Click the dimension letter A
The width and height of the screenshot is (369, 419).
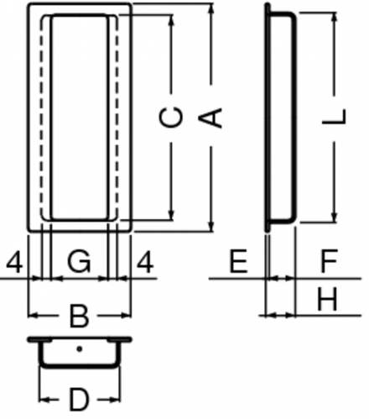pos(210,118)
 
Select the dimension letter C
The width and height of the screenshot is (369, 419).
pos(171,118)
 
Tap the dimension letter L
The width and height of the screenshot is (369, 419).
pos(335,116)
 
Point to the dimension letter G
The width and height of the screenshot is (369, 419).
pos(80,261)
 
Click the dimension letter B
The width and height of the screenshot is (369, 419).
pos(79,317)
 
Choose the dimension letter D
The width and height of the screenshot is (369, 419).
pos(79,400)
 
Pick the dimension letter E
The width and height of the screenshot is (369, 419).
pos(238,261)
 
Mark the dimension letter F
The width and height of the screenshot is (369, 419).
pos(329,261)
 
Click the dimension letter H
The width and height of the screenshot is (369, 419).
pos(327,300)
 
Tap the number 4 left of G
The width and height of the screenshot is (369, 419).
pos(14,261)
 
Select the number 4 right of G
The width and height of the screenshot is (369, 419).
pos(145,261)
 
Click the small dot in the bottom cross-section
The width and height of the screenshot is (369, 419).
pos(80,349)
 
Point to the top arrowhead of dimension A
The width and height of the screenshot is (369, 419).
pos(212,8)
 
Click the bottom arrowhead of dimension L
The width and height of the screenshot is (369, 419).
pos(335,217)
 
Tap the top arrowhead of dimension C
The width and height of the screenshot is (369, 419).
pos(172,19)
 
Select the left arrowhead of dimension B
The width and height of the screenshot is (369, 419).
pos(34,316)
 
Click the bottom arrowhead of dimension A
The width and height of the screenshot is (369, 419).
pos(212,227)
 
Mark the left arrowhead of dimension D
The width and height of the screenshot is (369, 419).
pos(44,400)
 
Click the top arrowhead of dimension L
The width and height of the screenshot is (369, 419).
pos(335,18)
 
